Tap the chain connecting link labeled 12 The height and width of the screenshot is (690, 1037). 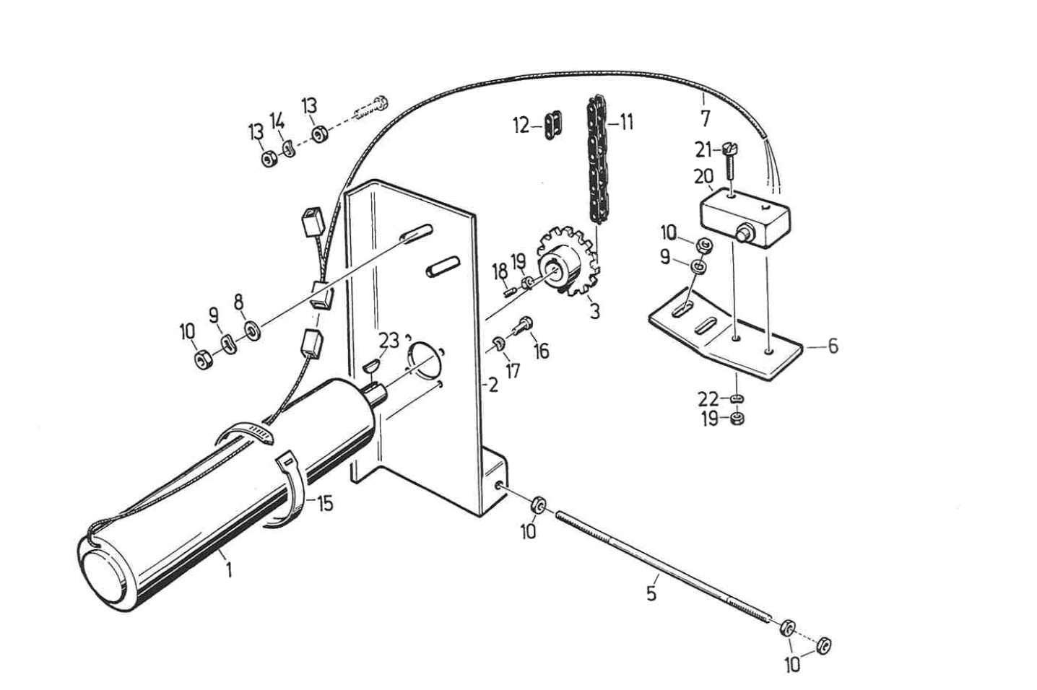tap(552, 125)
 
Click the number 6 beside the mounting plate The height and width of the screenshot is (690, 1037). tap(833, 346)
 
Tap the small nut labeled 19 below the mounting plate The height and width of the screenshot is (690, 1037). tap(737, 419)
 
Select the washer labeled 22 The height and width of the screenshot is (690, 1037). tap(737, 398)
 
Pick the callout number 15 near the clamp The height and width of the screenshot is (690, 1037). tap(325, 504)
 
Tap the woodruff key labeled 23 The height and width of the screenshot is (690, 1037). tap(371, 366)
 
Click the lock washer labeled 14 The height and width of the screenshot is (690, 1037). tap(289, 149)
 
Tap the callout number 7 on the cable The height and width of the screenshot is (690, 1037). tap(705, 119)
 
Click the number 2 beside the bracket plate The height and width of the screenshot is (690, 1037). tap(493, 385)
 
